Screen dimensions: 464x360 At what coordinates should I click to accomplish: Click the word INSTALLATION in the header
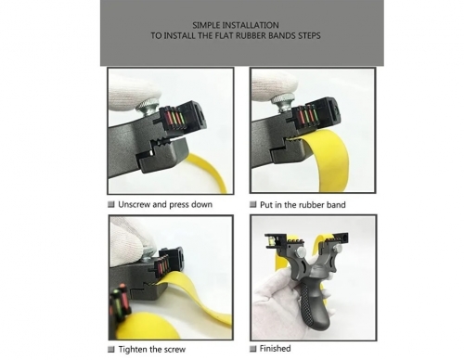251,25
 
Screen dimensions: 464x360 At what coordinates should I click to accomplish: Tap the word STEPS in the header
309,35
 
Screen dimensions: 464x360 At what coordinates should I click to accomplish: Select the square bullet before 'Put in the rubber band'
253,204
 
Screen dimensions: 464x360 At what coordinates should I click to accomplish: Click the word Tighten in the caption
133,350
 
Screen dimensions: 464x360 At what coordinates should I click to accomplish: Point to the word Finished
275,349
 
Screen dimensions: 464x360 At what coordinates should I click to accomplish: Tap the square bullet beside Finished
253,349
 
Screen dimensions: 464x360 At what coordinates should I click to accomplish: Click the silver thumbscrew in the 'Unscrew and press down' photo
148,107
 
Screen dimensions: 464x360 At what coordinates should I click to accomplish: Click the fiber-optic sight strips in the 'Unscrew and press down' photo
174,118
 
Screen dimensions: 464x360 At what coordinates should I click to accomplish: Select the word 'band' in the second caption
336,205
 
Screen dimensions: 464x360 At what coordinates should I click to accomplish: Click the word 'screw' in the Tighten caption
174,350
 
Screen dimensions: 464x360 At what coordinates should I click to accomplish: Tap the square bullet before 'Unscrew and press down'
110,204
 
